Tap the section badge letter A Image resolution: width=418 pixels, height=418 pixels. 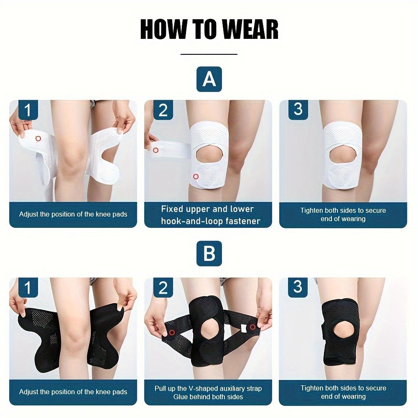209,79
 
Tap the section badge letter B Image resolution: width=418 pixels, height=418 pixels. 209,254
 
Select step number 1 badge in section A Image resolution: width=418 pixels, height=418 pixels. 28,110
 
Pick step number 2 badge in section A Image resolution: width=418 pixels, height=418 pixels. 163,110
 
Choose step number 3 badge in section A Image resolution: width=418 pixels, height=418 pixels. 298,110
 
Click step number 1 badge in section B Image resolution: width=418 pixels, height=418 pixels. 28,288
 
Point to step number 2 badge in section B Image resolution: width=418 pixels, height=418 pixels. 163,288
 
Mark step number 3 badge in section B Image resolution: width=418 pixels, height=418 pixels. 298,287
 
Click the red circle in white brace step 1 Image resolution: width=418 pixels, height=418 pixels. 38,138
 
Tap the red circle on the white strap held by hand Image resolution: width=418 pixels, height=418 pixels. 155,150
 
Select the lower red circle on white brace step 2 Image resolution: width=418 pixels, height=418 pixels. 196,176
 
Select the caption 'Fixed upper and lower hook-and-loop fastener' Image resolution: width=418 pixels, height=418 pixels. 208,215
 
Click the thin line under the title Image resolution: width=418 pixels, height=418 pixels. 209,54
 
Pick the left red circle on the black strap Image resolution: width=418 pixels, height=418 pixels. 172,333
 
